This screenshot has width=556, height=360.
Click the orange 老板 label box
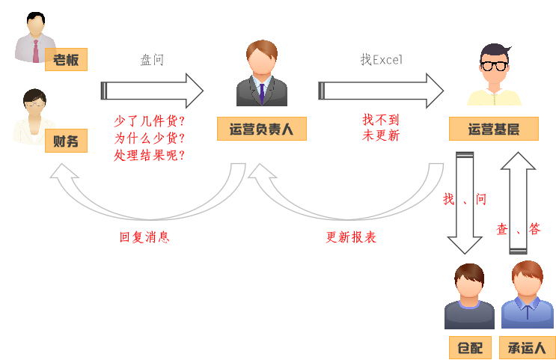(66, 60)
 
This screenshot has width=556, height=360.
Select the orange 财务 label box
(66, 140)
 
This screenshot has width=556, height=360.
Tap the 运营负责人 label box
(262, 129)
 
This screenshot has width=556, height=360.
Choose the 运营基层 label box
(494, 129)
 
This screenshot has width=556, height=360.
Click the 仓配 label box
(469, 347)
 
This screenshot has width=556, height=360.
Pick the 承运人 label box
(527, 347)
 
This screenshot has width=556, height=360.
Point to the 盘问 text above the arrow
(152, 60)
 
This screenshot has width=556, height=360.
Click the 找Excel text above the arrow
(381, 60)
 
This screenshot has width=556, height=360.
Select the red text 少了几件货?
(149, 120)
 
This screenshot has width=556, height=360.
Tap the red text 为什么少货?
(149, 138)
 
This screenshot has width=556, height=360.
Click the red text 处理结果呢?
(149, 155)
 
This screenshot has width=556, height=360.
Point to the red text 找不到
(381, 119)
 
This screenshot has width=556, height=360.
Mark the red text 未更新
(381, 135)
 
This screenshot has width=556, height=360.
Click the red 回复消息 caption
(144, 237)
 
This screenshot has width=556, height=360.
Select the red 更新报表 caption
(350, 237)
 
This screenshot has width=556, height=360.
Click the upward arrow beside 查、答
(518, 202)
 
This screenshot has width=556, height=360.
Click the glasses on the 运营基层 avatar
(493, 65)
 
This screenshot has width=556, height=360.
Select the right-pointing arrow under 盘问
(153, 91)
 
